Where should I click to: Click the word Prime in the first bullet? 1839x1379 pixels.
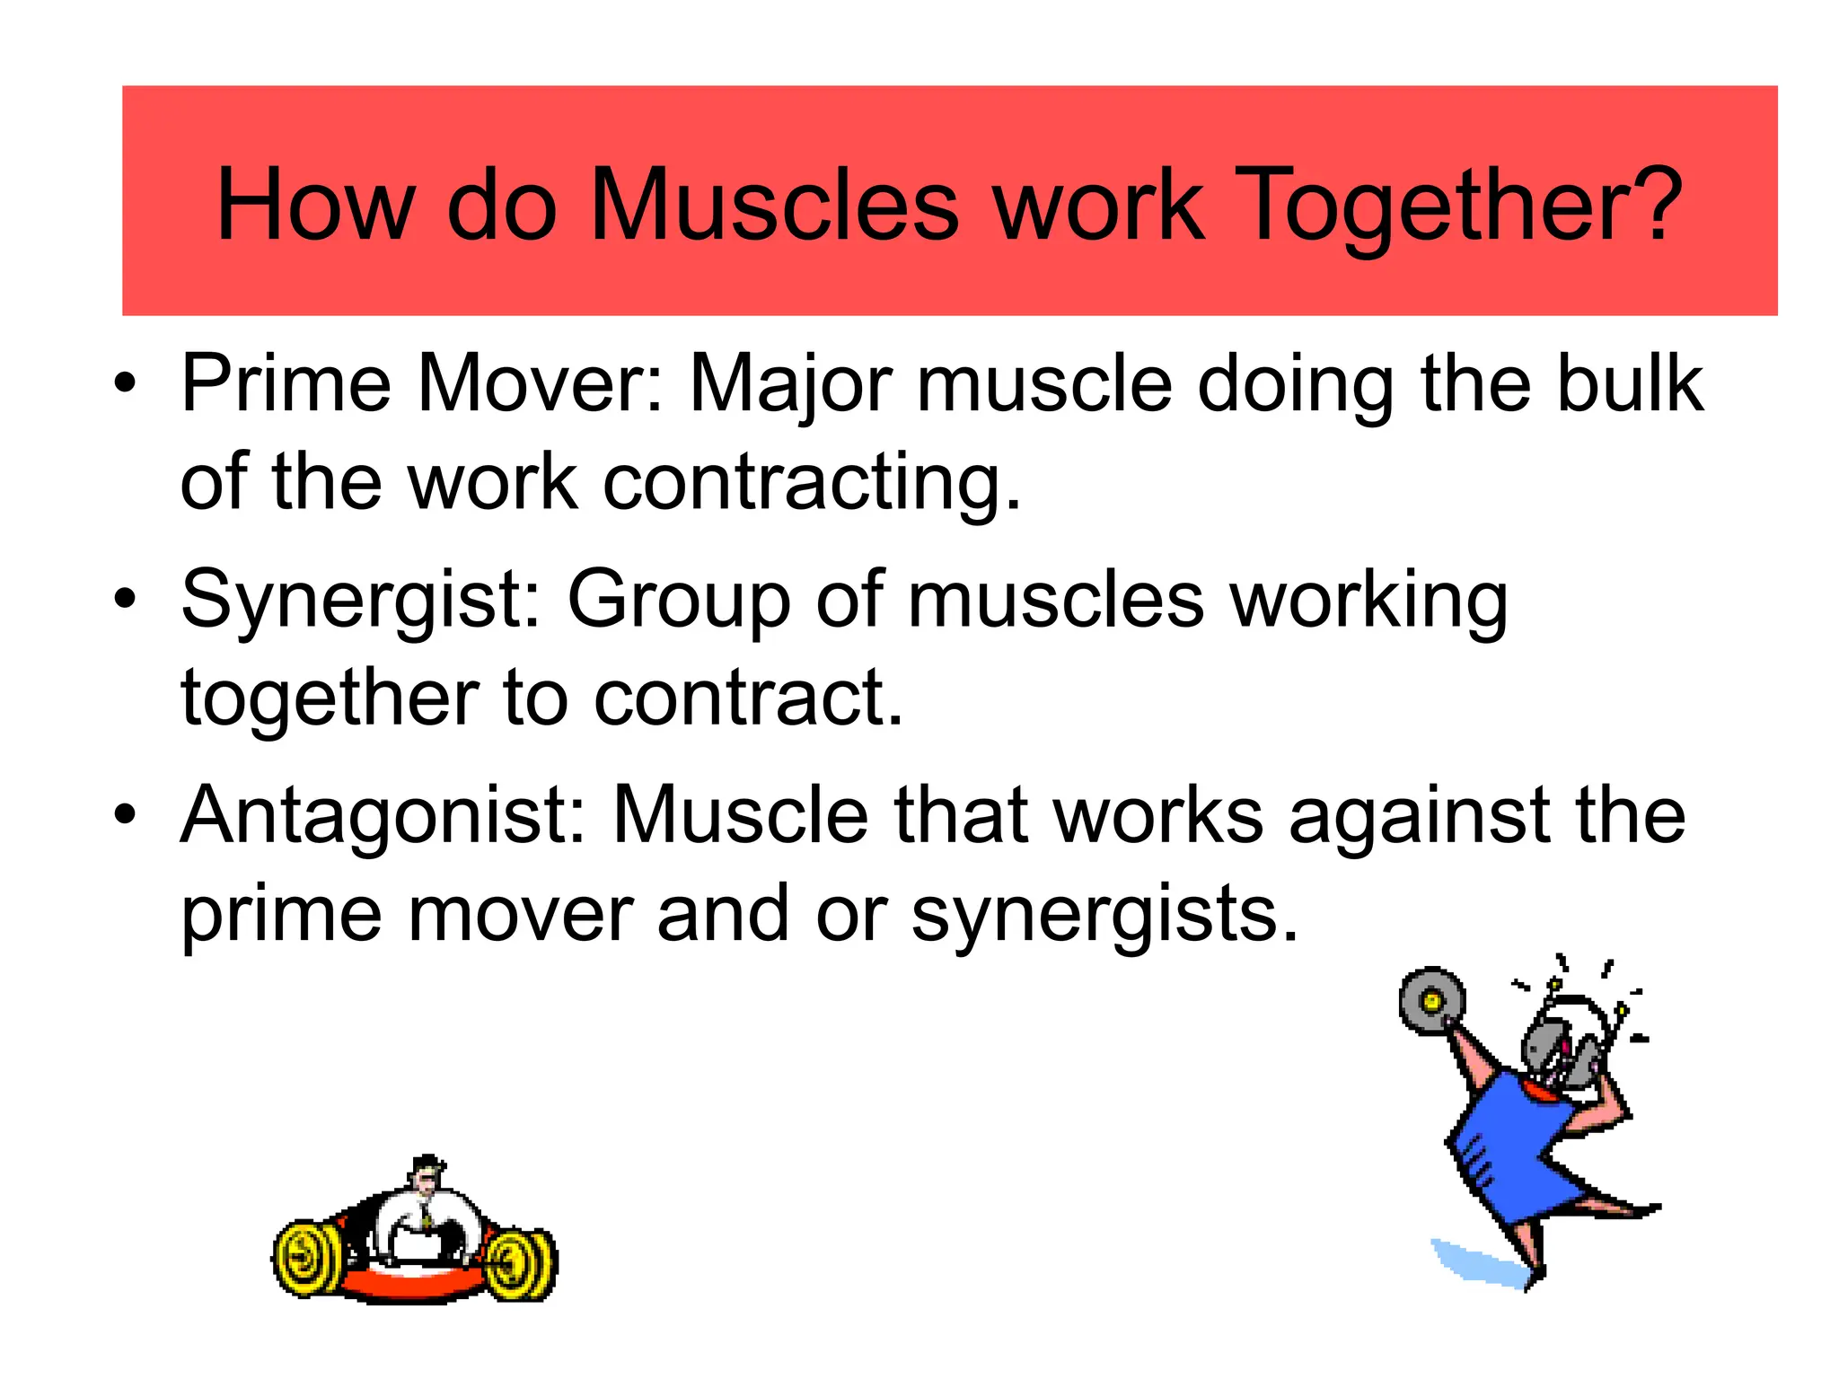(286, 384)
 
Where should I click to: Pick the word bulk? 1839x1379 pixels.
(1630, 384)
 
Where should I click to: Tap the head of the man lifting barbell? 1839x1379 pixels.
(424, 1176)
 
